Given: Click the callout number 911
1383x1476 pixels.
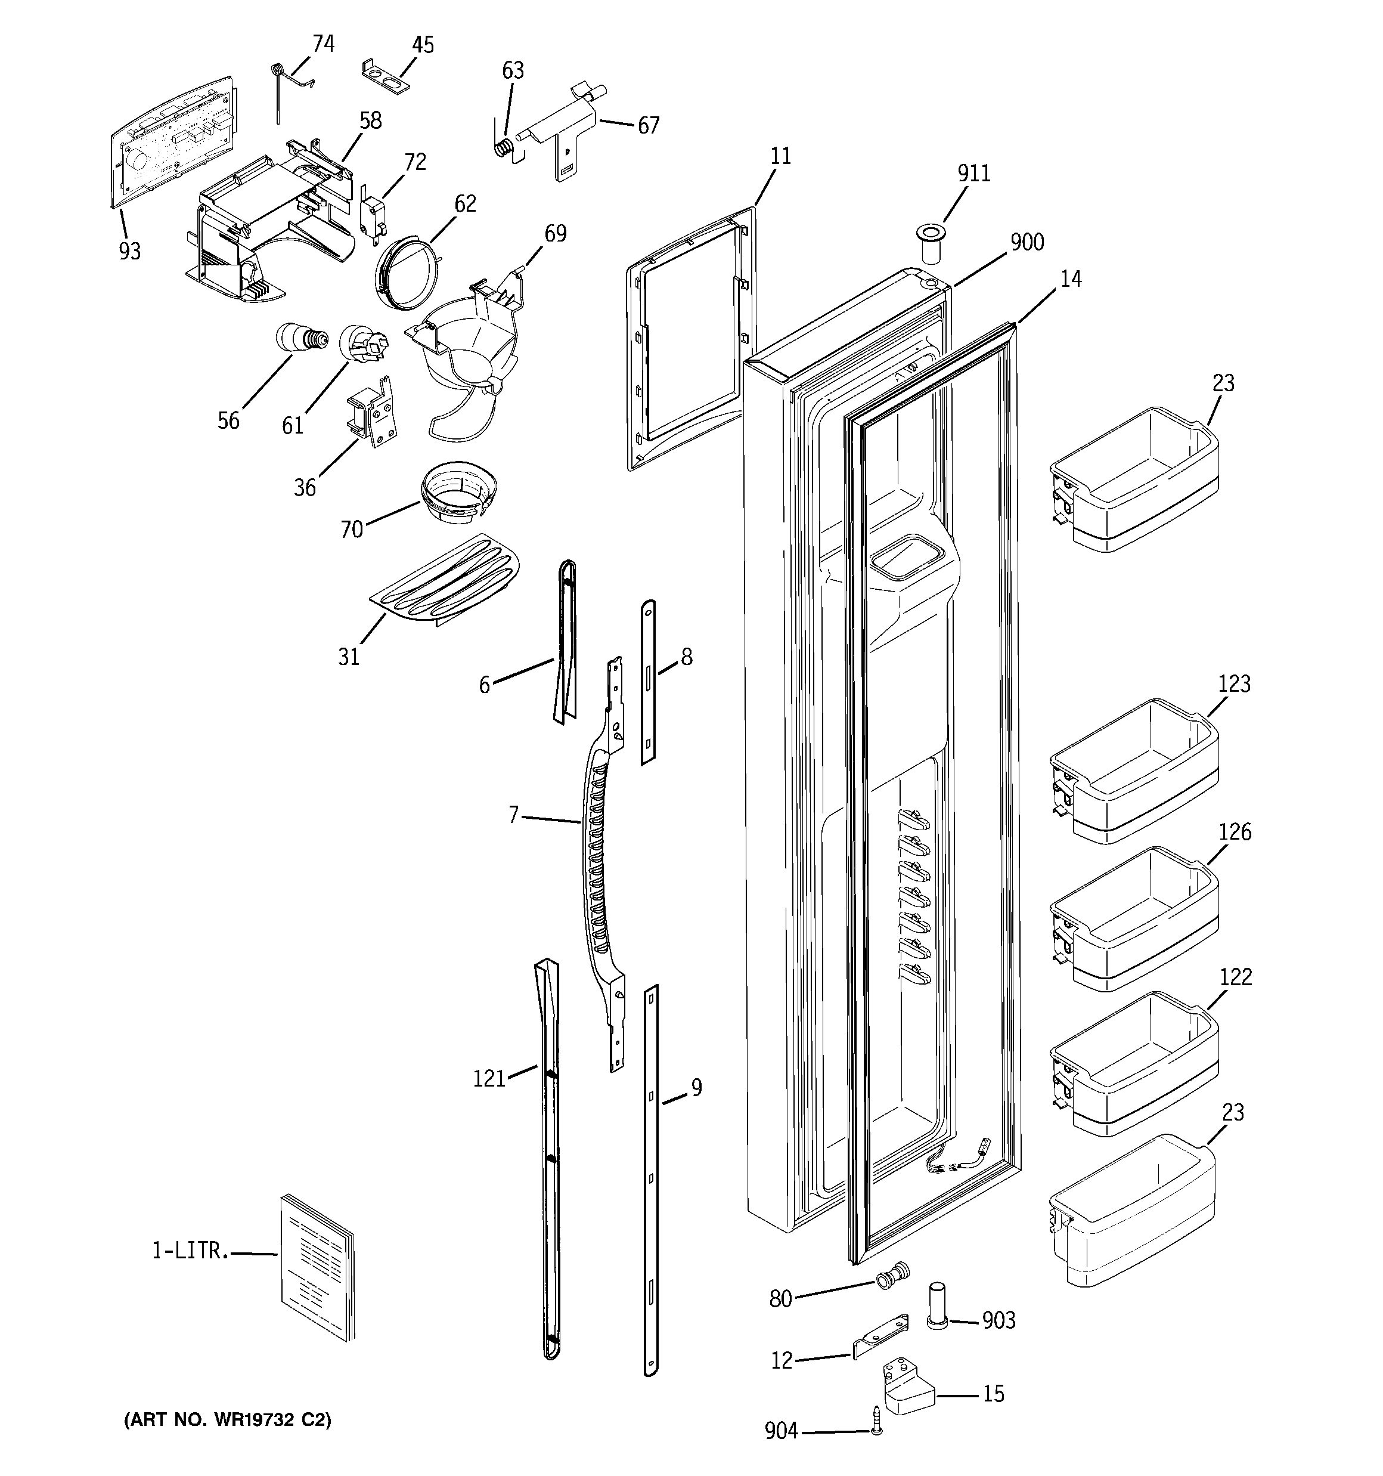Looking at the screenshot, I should click(x=973, y=173).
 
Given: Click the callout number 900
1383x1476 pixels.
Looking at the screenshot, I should click(x=1027, y=242).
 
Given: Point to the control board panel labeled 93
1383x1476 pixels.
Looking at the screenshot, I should click(x=172, y=141).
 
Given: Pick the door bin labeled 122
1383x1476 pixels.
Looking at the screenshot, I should click(x=1134, y=1063).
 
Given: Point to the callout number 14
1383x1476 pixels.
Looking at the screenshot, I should click(x=1071, y=279).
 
